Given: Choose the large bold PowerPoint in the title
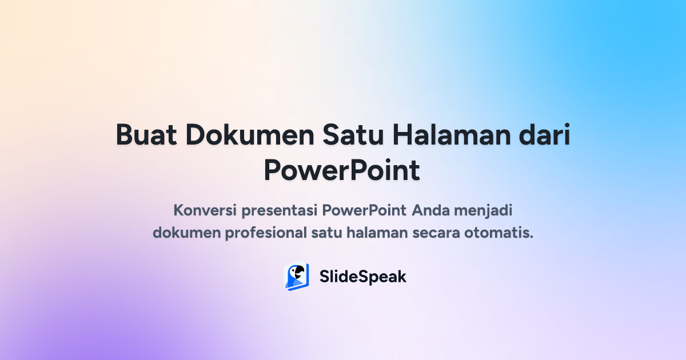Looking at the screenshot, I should coord(342,170).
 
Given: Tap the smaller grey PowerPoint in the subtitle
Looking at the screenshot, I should coord(364,210).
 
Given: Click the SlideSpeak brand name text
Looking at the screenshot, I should coord(362,277).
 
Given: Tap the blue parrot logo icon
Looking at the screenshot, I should coord(297,277).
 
